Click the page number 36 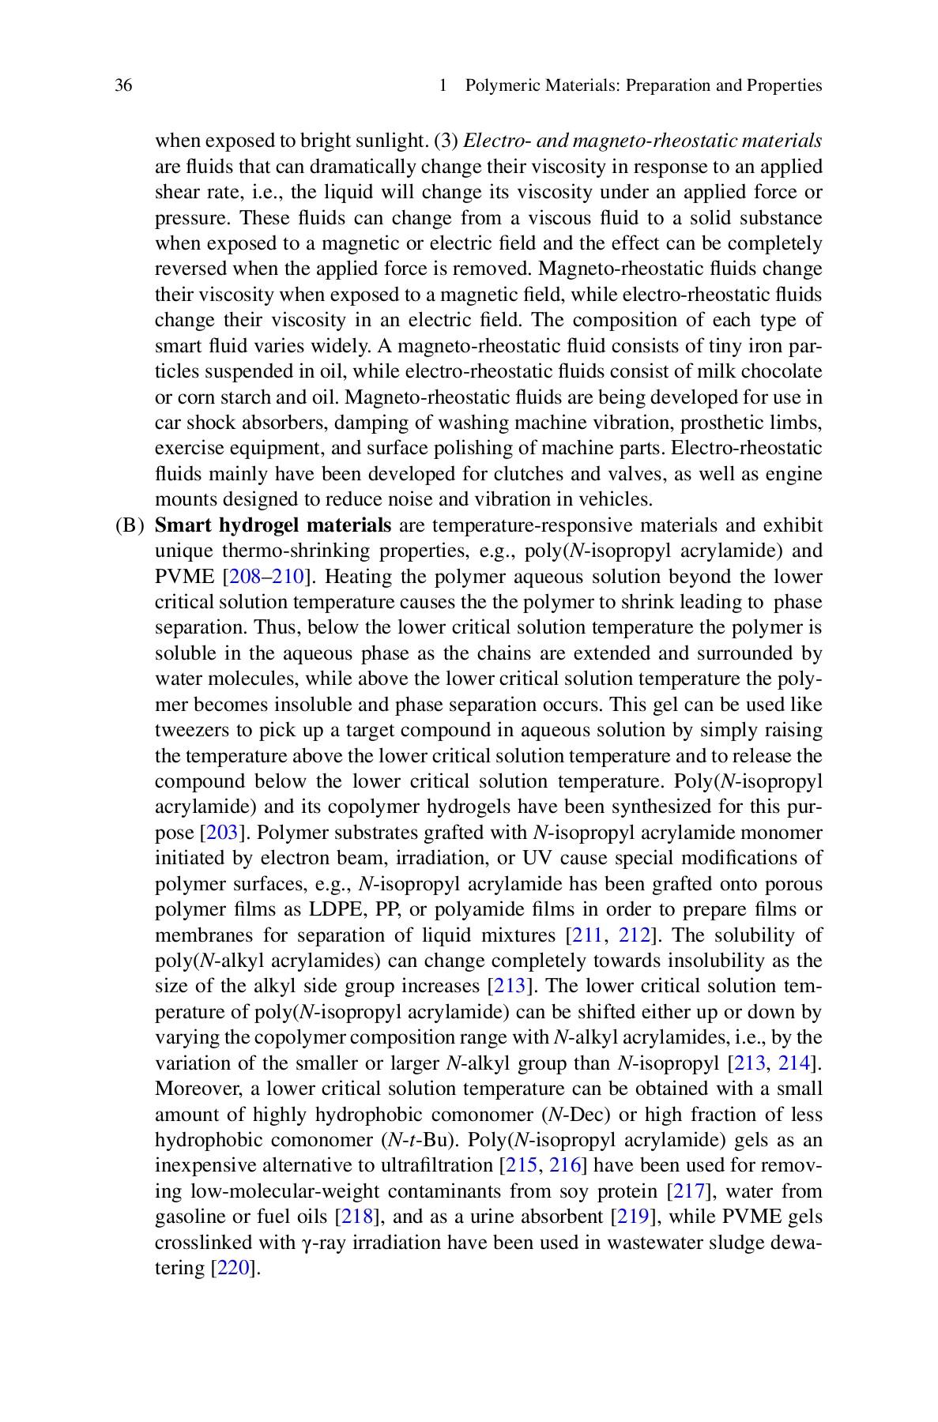(123, 86)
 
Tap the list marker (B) (131, 525)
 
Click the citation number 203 (217, 833)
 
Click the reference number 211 (587, 935)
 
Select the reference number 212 (635, 935)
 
